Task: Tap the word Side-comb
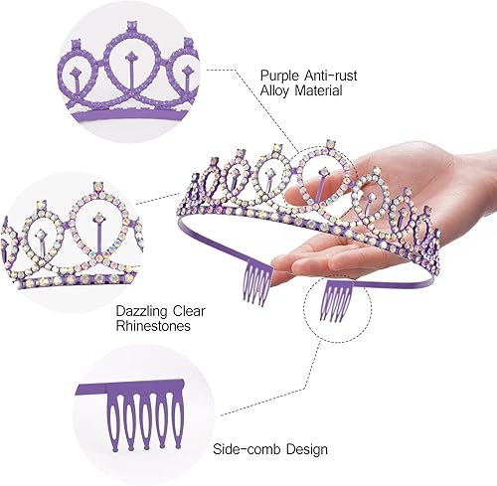[247, 449]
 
